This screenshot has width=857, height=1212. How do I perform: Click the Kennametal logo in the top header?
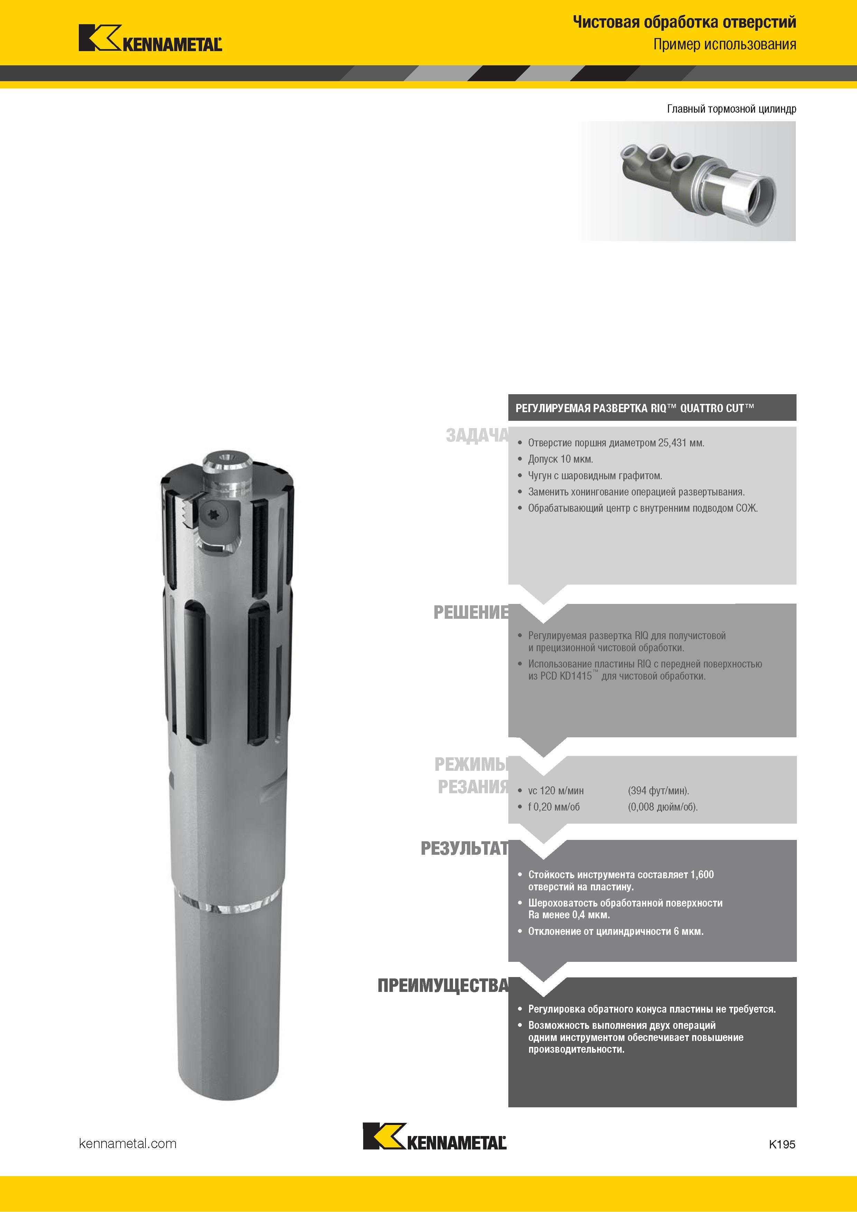pos(150,38)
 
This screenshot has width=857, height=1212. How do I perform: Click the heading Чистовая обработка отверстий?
pos(684,22)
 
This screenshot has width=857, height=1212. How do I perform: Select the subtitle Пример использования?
pos(724,44)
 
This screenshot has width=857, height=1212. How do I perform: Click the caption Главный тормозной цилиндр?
pos(731,109)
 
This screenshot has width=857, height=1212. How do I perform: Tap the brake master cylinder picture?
pos(686,181)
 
